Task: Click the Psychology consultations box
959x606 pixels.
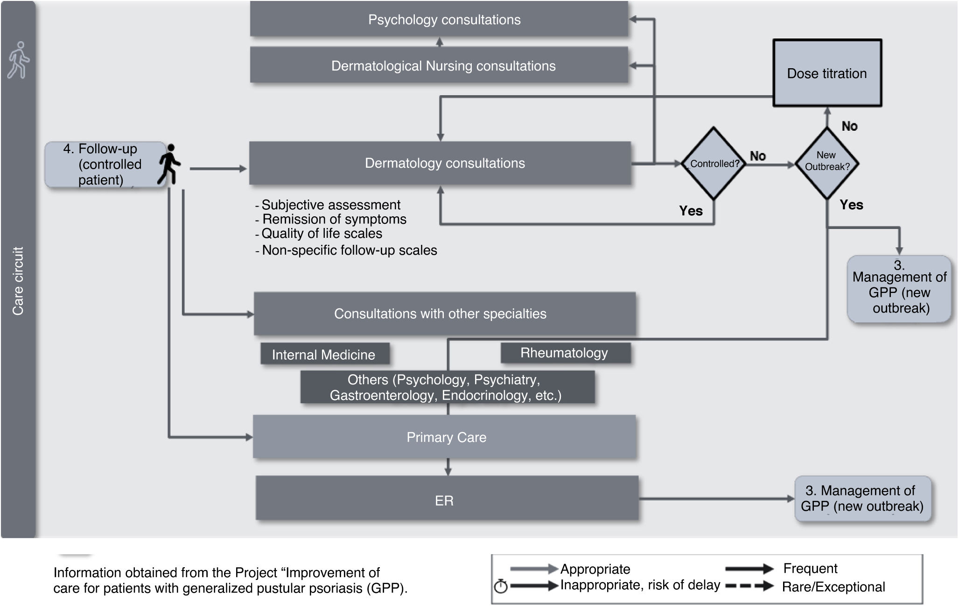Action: (439, 19)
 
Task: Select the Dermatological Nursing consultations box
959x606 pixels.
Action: (439, 65)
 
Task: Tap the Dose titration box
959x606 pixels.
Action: (827, 73)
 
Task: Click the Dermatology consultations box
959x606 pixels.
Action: (440, 163)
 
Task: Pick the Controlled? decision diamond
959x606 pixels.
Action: (714, 164)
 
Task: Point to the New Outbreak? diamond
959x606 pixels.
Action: (827, 164)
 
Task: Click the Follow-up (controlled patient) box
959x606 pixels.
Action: (105, 164)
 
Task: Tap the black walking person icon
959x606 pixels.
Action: (169, 164)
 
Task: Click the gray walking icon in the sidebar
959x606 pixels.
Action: (19, 60)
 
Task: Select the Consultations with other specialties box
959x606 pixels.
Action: (445, 314)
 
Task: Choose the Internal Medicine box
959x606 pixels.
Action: (325, 354)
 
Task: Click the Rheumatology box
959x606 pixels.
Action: (566, 353)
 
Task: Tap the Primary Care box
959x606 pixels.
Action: (445, 437)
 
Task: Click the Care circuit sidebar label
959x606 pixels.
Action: (18, 281)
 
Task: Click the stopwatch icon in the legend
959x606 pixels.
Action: (501, 586)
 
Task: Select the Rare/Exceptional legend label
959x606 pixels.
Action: (833, 587)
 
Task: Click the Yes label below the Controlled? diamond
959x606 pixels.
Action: (691, 211)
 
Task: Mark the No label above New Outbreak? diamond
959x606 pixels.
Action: (849, 126)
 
